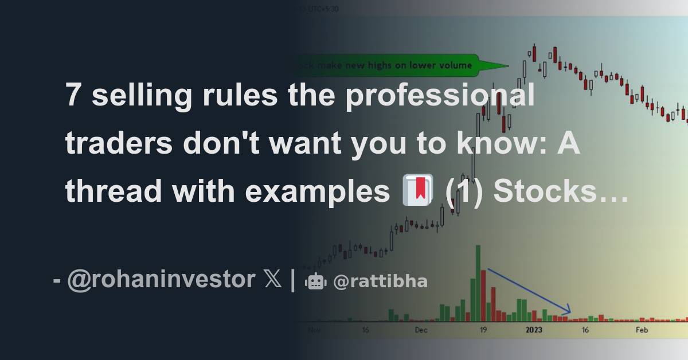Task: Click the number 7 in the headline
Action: (x=73, y=95)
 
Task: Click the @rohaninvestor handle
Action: (x=161, y=280)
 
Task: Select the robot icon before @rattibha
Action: (x=315, y=281)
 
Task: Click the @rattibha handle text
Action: (x=380, y=281)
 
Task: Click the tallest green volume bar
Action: (x=478, y=283)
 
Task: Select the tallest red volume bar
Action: (x=483, y=295)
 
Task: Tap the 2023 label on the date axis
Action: (x=534, y=330)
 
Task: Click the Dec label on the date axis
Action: (x=421, y=330)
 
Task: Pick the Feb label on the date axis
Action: (x=641, y=330)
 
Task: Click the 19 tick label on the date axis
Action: (x=483, y=330)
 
